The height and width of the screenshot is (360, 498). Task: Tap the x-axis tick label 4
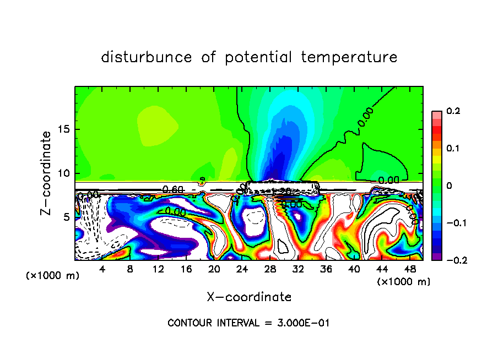(x=102, y=269)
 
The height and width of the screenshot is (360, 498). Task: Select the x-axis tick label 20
(x=214, y=269)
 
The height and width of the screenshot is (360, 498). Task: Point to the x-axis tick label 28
(x=270, y=269)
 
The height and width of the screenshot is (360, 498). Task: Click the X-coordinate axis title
(x=249, y=297)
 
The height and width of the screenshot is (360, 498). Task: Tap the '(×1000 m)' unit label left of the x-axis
(x=53, y=276)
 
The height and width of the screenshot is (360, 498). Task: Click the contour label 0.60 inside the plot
(x=173, y=189)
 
